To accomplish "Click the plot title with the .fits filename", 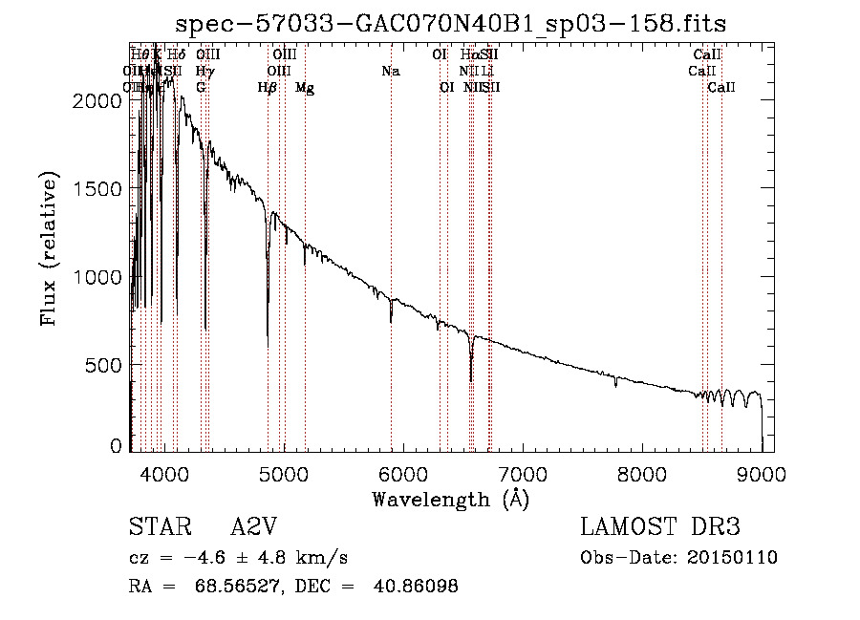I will pyautogui.click(x=458, y=23).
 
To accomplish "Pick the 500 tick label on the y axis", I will pyautogui.click(x=105, y=365).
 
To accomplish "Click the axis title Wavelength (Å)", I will pyautogui.click(x=451, y=499).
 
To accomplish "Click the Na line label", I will pyautogui.click(x=390, y=71).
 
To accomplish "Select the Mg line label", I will pyautogui.click(x=305, y=88).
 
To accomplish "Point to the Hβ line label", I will pyautogui.click(x=268, y=88).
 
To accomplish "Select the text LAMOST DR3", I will pyautogui.click(x=659, y=528).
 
